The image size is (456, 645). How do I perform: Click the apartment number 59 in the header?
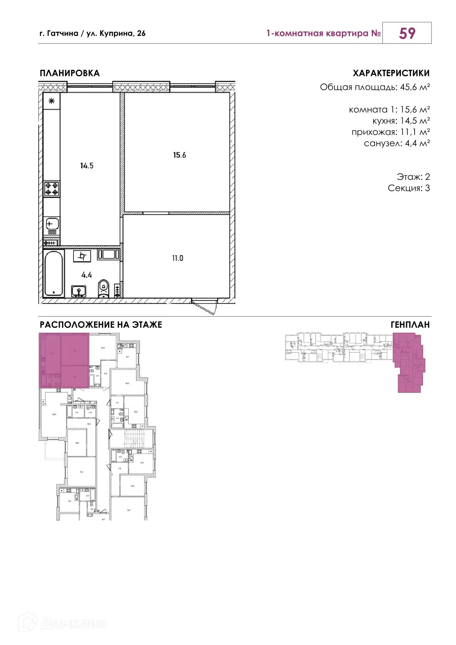(407, 33)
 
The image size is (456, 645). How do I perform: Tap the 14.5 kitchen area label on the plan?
(87, 166)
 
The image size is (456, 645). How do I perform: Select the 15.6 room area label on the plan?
(179, 155)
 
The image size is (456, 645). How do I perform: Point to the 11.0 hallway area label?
(177, 258)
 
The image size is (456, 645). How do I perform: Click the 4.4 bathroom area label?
(87, 275)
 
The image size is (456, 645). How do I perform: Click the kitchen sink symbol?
(52, 223)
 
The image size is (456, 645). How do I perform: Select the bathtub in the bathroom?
(53, 273)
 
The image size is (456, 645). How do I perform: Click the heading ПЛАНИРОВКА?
(70, 73)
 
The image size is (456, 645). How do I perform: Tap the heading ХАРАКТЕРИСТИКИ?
(391, 73)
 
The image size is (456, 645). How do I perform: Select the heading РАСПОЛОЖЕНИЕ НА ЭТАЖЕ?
(101, 325)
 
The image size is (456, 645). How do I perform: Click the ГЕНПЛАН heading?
(410, 325)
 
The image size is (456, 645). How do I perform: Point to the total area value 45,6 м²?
(415, 87)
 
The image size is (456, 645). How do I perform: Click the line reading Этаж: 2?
(413, 177)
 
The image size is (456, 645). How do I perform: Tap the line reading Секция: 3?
(408, 188)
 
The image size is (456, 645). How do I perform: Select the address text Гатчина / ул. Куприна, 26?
(92, 33)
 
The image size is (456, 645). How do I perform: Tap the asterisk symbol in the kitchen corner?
(52, 101)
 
